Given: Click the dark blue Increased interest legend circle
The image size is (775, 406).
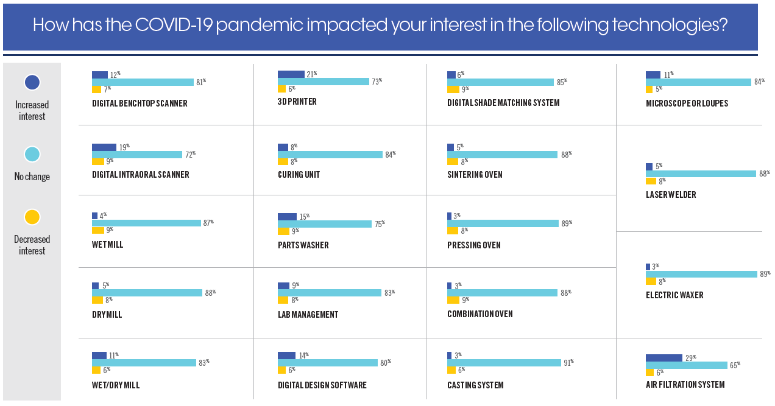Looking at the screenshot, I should point(32,82).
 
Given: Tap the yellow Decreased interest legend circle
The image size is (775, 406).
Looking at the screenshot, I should point(32,217).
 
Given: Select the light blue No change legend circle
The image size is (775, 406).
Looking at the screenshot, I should point(32,155).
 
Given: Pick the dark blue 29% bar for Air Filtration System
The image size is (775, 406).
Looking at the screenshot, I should point(664,358).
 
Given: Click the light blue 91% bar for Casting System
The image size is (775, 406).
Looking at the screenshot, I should point(504,363).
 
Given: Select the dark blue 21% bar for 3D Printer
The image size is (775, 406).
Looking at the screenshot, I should point(291,74).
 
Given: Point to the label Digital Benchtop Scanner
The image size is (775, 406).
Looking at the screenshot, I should point(140,103).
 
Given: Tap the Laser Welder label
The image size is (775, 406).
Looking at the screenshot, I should point(671,195).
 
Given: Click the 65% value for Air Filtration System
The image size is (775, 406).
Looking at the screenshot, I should point(735,365).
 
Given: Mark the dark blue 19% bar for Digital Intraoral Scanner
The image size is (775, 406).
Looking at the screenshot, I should point(104,147).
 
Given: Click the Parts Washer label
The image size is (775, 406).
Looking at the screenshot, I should point(303,245).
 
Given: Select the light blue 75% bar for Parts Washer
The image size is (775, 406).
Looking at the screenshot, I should point(324,224).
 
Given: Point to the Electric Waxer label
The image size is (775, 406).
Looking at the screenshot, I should point(674,295).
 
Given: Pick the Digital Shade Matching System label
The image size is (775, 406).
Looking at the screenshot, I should point(503,103).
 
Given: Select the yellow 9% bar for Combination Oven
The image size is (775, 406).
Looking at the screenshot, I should point(453,299).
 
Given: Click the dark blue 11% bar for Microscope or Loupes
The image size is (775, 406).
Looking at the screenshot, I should point(653,75).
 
